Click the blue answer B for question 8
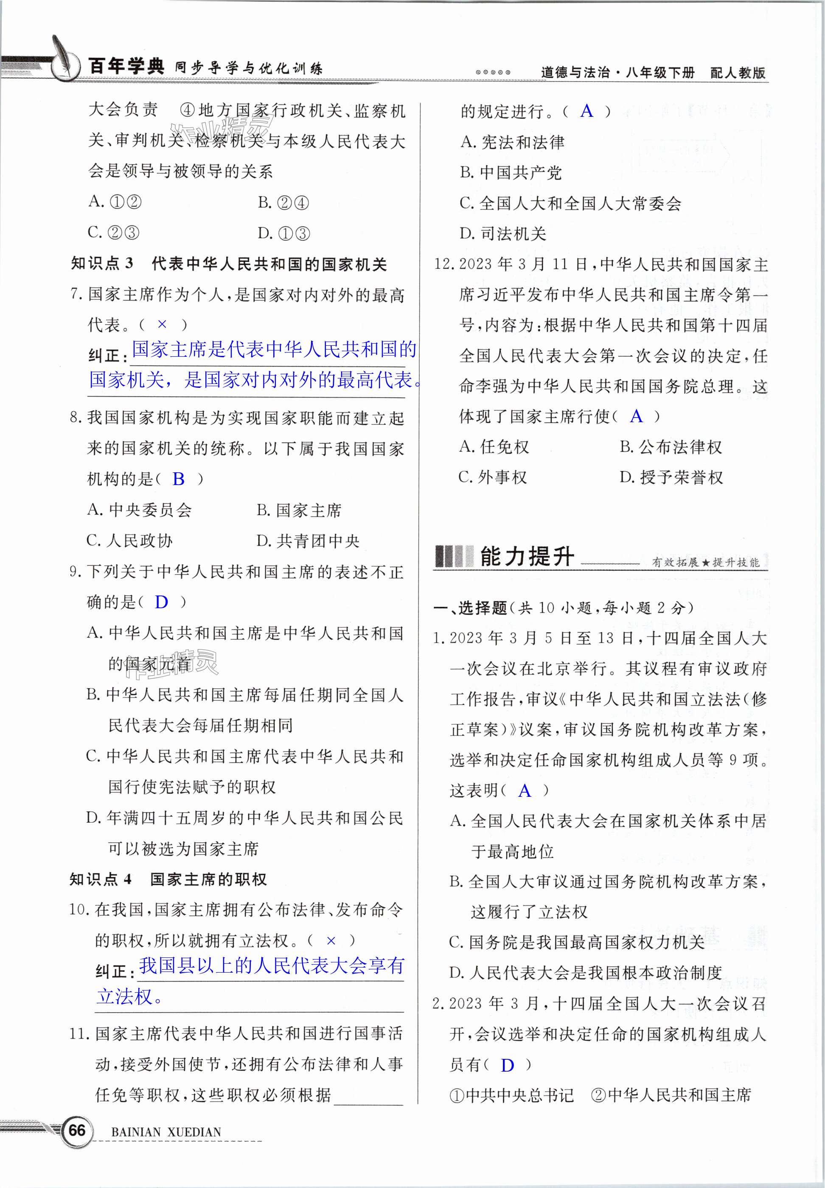pyautogui.click(x=178, y=479)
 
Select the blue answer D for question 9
pyautogui.click(x=161, y=602)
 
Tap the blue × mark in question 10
pyautogui.click(x=331, y=940)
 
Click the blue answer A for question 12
pyautogui.click(x=636, y=416)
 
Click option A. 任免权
pyautogui.click(x=494, y=447)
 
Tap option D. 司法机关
pyautogui.click(x=502, y=234)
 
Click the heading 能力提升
pyautogui.click(x=527, y=556)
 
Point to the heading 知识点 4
pyautogui.click(x=101, y=879)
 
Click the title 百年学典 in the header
pyautogui.click(x=126, y=66)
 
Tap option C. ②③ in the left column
pyautogui.click(x=114, y=233)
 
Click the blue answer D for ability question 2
pyautogui.click(x=507, y=1065)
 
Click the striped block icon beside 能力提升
pyautogui.click(x=453, y=556)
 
